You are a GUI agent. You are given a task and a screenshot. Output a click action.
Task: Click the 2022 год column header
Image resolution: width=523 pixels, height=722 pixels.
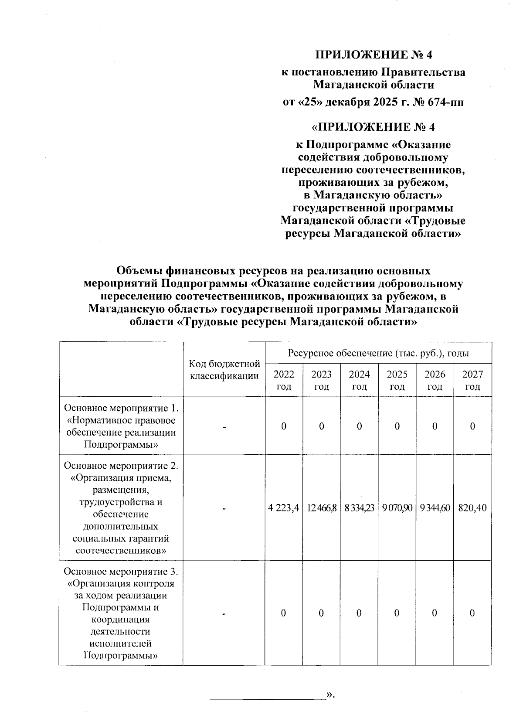(x=284, y=380)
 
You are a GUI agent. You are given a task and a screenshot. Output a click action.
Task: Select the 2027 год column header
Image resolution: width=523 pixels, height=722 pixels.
(x=473, y=380)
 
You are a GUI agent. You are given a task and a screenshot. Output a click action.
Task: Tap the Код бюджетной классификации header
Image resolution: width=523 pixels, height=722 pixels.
(x=224, y=369)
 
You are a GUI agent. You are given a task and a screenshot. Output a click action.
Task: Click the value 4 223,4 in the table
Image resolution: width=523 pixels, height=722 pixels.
(x=284, y=507)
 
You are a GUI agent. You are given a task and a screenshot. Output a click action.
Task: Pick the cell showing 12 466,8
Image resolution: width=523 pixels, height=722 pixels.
(x=321, y=507)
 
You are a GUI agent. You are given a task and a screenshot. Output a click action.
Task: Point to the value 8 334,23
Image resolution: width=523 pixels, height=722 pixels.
(x=359, y=507)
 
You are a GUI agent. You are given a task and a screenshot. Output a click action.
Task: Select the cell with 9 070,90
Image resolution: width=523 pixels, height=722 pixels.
(x=397, y=507)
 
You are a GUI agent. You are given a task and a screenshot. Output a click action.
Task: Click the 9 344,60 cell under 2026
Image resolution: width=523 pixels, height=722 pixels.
(x=435, y=507)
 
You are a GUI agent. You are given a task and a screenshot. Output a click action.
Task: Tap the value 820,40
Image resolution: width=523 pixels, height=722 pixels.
(x=473, y=507)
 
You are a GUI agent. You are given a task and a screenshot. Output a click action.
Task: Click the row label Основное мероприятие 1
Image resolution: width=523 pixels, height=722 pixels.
(x=121, y=409)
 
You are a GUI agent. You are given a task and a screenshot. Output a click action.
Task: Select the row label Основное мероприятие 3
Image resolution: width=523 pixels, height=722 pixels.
(x=121, y=571)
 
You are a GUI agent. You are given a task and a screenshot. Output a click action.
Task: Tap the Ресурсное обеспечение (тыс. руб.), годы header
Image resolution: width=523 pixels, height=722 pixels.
(x=378, y=353)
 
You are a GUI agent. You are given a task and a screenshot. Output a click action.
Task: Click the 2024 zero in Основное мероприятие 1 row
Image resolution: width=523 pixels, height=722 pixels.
(x=359, y=426)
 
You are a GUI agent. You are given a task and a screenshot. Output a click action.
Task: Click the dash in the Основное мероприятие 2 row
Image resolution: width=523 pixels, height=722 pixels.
(x=224, y=508)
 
